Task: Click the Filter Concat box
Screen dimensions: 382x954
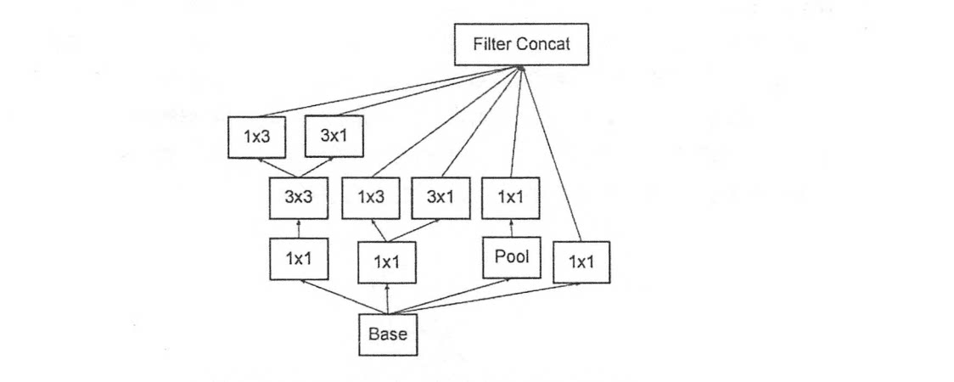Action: [520, 44]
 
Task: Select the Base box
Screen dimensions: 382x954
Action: [387, 334]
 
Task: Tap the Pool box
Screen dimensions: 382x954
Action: [511, 258]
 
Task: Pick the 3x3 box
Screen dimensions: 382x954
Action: [299, 199]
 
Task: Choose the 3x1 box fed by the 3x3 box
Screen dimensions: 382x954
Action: [333, 138]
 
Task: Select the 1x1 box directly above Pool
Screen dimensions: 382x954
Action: [511, 199]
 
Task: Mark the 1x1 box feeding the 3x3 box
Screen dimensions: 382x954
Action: [299, 259]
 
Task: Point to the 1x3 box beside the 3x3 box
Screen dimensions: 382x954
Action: [371, 199]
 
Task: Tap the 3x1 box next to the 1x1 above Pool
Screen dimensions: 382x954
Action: [440, 199]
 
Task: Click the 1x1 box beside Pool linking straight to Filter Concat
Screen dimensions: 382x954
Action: [581, 263]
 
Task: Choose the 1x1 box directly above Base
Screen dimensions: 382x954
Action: [387, 263]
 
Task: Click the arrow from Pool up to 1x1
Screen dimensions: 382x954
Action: [511, 228]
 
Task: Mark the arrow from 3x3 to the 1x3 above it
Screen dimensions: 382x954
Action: [276, 168]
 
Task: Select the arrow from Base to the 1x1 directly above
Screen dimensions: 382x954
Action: [387, 300]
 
